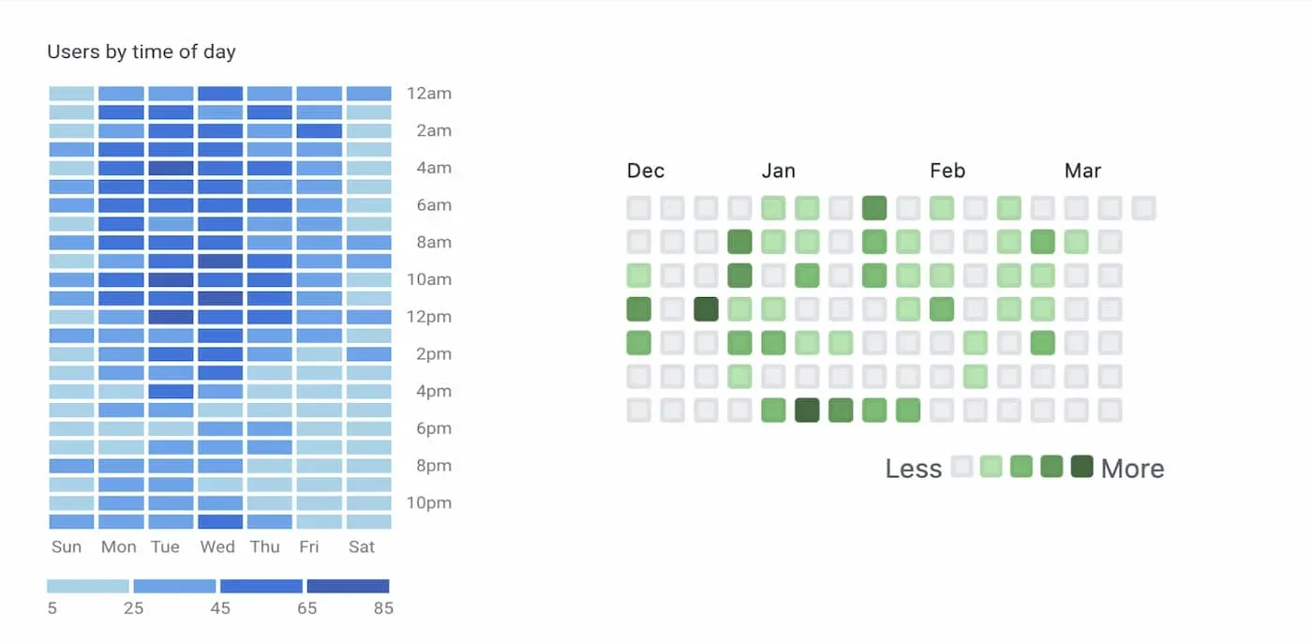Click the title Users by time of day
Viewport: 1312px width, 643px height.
pyautogui.click(x=141, y=52)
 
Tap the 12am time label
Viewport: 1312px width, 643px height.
pyautogui.click(x=429, y=94)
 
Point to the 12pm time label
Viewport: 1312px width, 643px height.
pyautogui.click(x=429, y=317)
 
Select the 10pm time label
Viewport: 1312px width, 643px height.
pyautogui.click(x=429, y=503)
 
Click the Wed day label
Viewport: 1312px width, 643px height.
pyautogui.click(x=217, y=547)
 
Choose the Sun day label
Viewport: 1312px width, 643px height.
pyautogui.click(x=67, y=547)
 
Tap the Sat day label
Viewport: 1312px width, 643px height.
pyautogui.click(x=362, y=547)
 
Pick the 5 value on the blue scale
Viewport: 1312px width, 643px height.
pyautogui.click(x=52, y=608)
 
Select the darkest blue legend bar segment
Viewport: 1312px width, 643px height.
pyautogui.click(x=348, y=587)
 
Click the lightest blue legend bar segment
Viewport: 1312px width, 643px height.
pyautogui.click(x=88, y=587)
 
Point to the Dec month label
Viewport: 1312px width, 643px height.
pyautogui.click(x=646, y=172)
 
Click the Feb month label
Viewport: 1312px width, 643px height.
pyautogui.click(x=947, y=172)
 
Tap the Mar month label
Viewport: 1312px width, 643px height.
pyautogui.click(x=1082, y=172)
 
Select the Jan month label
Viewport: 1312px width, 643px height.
pyautogui.click(x=778, y=172)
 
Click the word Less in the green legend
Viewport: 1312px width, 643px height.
pyautogui.click(x=913, y=469)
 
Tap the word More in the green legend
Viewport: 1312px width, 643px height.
pyautogui.click(x=1132, y=469)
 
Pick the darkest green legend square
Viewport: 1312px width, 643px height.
pyautogui.click(x=1081, y=467)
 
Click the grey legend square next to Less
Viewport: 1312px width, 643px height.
pyautogui.click(x=962, y=467)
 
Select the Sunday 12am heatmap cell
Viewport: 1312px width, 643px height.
pyautogui.click(x=71, y=94)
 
